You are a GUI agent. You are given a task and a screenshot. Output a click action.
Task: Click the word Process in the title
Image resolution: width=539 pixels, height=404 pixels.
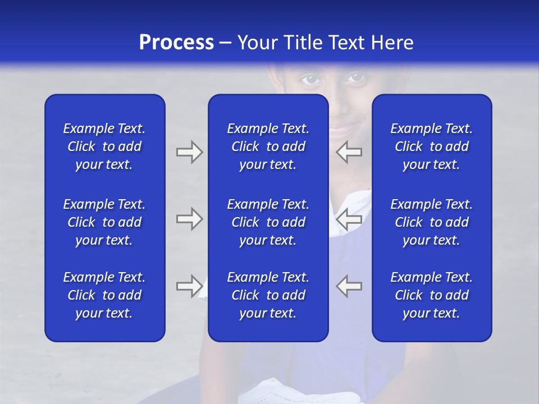point(176,43)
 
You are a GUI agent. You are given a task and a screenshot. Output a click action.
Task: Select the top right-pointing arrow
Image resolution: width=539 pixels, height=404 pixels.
point(189,152)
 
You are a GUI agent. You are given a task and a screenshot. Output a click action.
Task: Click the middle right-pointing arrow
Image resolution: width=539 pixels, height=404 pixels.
point(189,219)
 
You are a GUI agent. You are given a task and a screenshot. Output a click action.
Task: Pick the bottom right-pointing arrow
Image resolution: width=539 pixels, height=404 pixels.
point(189,286)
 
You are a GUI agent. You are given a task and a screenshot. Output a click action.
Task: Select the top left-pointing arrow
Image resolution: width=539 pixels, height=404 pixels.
point(349,152)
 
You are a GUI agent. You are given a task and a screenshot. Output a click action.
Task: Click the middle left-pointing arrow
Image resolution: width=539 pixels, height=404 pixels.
point(349,219)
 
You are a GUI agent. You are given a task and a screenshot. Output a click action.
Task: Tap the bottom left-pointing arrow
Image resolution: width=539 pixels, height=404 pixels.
point(349,286)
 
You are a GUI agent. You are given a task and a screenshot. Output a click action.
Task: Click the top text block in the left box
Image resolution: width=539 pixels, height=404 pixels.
point(104,146)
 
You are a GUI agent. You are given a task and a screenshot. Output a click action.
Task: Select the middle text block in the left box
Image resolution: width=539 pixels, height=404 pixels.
point(104,222)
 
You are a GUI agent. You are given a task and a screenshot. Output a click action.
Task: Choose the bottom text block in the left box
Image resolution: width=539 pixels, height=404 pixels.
point(104,295)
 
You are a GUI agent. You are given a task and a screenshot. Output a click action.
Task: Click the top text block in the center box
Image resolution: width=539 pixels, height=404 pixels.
point(268,146)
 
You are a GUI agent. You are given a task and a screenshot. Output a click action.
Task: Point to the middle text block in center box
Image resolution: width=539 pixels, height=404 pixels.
point(268,222)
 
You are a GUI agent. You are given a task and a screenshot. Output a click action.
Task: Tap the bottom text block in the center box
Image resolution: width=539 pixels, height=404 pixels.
point(268,295)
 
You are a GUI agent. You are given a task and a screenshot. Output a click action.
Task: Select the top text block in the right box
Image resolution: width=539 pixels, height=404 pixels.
point(431,146)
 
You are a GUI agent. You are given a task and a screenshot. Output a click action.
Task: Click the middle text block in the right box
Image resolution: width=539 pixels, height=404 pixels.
point(431,222)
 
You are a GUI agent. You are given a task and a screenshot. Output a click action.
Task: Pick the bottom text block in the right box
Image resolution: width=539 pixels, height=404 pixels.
point(431,295)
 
